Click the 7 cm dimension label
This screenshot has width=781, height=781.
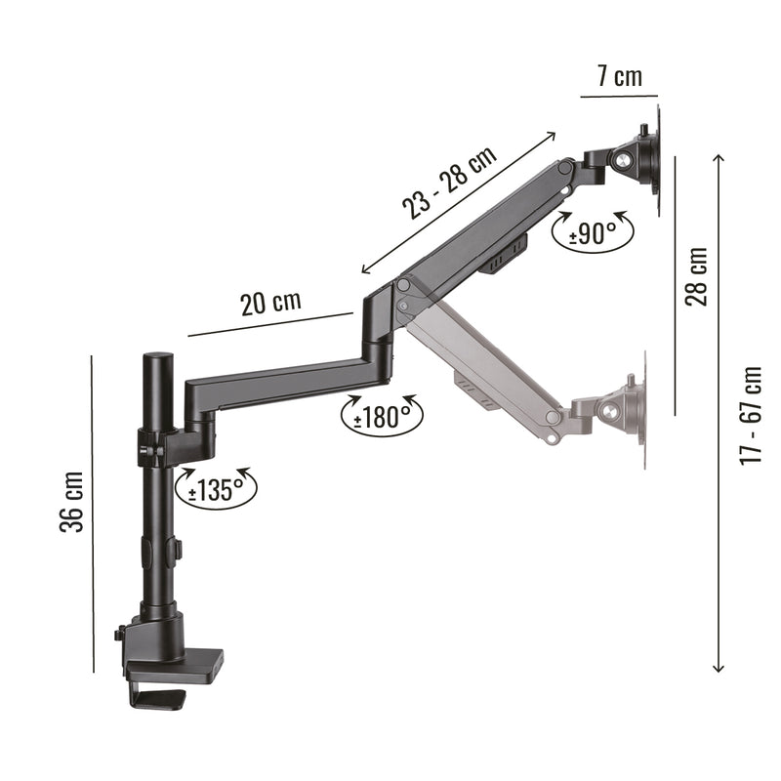tap(619, 77)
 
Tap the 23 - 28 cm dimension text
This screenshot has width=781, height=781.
tap(450, 183)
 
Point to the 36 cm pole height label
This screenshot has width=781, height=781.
tap(71, 502)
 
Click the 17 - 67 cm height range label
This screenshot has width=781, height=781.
tap(751, 416)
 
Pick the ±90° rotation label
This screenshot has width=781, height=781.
tap(593, 232)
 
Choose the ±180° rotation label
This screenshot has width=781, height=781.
tap(382, 417)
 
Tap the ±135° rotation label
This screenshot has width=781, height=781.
tap(216, 489)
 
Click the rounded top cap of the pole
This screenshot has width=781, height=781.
tap(158, 357)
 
